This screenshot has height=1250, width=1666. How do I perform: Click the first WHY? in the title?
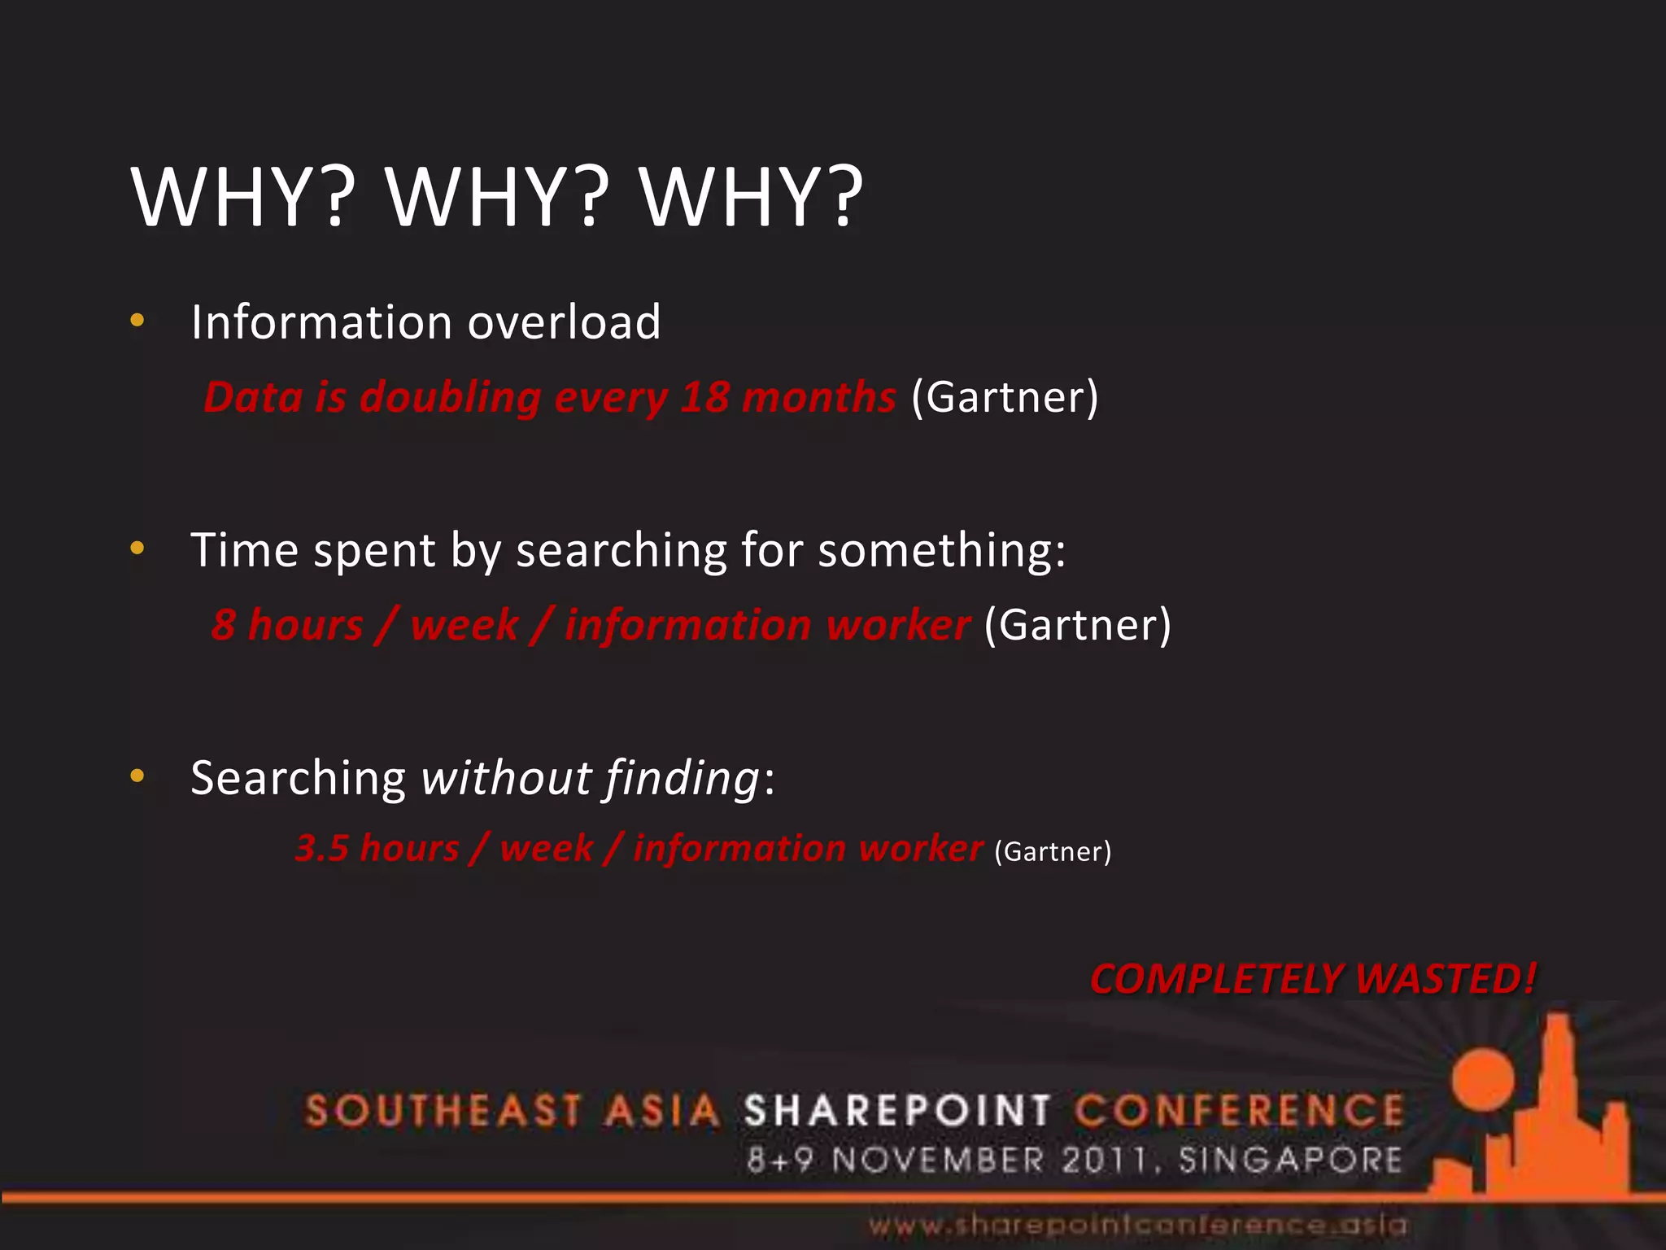[x=243, y=198]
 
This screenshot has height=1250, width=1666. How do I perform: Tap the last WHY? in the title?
[x=751, y=198]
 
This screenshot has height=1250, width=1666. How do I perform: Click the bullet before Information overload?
[x=137, y=321]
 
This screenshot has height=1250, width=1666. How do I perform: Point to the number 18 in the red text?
[x=704, y=397]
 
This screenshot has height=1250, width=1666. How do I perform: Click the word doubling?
[x=450, y=399]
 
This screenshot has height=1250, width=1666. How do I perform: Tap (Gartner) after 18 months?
[x=1005, y=397]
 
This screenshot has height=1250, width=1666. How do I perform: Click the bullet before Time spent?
[x=137, y=549]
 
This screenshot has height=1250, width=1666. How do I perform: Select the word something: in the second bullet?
[x=942, y=551]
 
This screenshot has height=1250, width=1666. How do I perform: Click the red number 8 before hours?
[x=223, y=625]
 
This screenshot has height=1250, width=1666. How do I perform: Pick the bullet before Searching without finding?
[x=137, y=776]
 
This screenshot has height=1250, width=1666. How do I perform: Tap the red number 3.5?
[x=321, y=848]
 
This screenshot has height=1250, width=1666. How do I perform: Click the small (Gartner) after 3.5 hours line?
[x=1053, y=851]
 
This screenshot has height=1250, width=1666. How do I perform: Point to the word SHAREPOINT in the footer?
[x=897, y=1111]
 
